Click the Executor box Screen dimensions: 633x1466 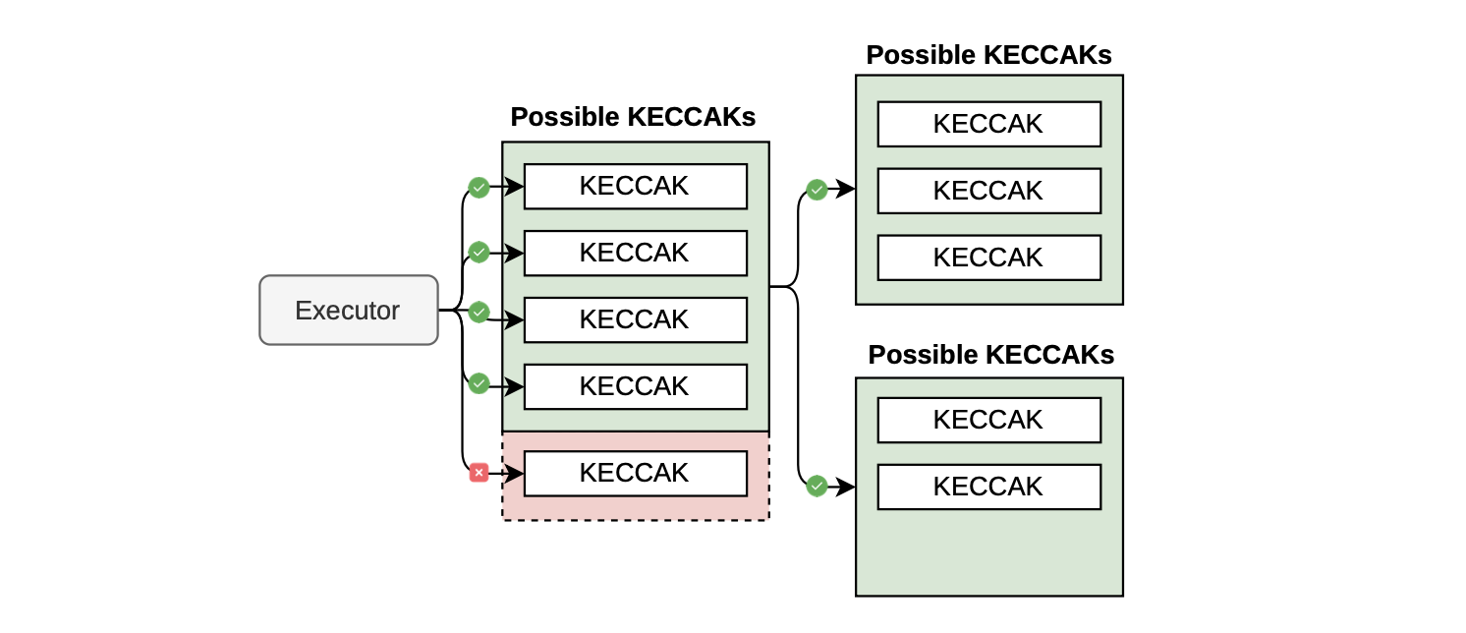pyautogui.click(x=348, y=311)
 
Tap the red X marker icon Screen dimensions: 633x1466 pyautogui.click(x=479, y=473)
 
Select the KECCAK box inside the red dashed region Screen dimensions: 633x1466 pyautogui.click(x=635, y=473)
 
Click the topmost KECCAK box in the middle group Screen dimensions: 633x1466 pyautogui.click(x=635, y=186)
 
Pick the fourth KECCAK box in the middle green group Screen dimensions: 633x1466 pyautogui.click(x=635, y=386)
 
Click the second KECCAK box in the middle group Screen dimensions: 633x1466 pyautogui.click(x=635, y=253)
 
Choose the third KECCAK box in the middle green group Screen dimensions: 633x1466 pyautogui.click(x=635, y=319)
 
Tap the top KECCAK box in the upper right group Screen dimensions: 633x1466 pyautogui.click(x=988, y=124)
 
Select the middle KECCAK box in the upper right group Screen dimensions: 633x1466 pyautogui.click(x=988, y=191)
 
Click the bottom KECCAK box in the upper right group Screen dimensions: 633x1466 pyautogui.click(x=988, y=258)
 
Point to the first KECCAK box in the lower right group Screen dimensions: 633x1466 pyautogui.click(x=988, y=420)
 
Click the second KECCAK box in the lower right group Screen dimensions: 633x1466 pyautogui.click(x=988, y=487)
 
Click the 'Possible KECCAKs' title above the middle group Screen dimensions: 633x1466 pyautogui.click(x=633, y=117)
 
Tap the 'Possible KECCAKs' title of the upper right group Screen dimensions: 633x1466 pyautogui.click(x=988, y=55)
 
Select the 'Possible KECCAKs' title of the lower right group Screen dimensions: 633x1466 pyautogui.click(x=990, y=354)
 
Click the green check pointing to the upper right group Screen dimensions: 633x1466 pyautogui.click(x=816, y=189)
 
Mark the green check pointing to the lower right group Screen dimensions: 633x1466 pyautogui.click(x=816, y=485)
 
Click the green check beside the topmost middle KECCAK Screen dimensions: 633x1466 pyautogui.click(x=479, y=187)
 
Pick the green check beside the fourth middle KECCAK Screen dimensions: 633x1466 pyautogui.click(x=479, y=383)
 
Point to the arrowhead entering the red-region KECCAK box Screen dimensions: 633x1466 pyautogui.click(x=515, y=474)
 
